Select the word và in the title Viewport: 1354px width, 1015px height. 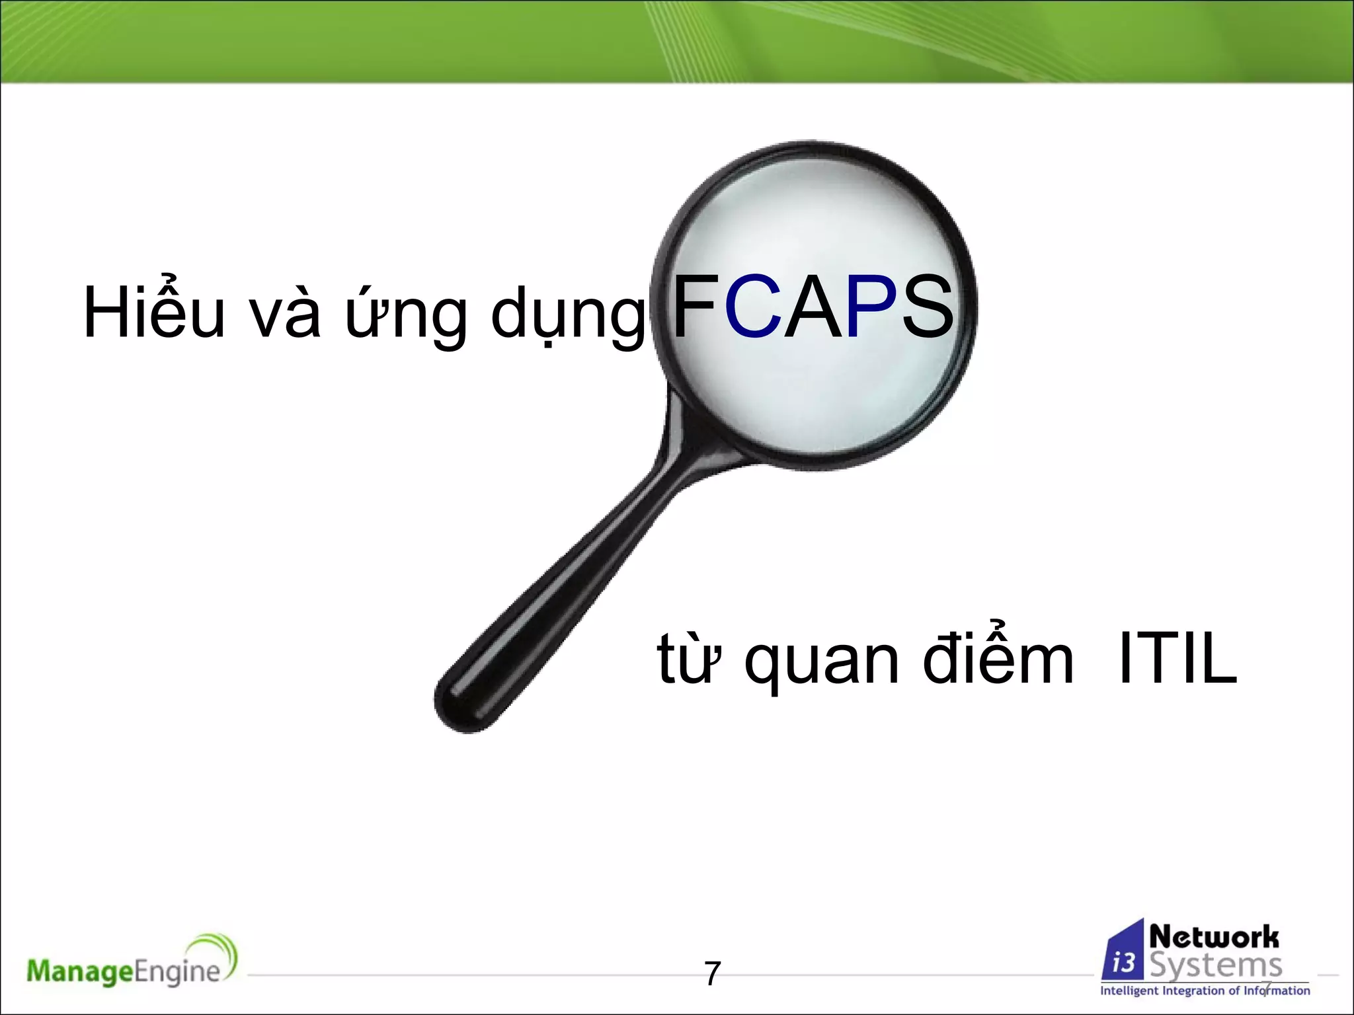(x=285, y=316)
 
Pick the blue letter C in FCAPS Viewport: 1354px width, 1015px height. (x=753, y=308)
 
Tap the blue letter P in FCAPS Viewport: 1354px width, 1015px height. (x=870, y=308)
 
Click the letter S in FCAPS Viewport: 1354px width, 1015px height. (x=927, y=308)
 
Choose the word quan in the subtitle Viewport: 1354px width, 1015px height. (x=822, y=663)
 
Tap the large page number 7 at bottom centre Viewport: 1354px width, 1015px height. (x=712, y=973)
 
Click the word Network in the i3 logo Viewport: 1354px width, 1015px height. (x=1214, y=936)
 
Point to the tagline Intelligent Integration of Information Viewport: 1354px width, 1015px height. (x=1205, y=991)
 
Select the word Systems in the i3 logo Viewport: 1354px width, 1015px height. (x=1216, y=965)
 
